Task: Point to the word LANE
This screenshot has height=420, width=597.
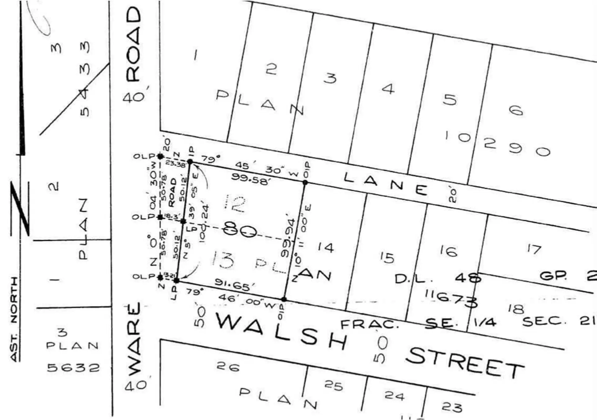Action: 386,184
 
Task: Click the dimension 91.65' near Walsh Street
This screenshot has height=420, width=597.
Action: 234,284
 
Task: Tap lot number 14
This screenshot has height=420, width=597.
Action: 326,248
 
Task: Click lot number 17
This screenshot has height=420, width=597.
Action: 534,249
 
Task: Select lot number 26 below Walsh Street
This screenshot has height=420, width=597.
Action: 228,367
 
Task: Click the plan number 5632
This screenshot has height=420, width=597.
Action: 73,368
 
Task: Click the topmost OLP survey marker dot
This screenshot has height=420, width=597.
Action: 160,156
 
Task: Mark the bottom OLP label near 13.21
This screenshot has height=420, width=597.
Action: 143,276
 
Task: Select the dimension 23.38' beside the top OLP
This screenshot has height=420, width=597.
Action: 175,163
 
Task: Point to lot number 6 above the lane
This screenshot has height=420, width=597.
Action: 516,110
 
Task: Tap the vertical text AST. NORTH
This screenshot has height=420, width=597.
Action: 14,319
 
